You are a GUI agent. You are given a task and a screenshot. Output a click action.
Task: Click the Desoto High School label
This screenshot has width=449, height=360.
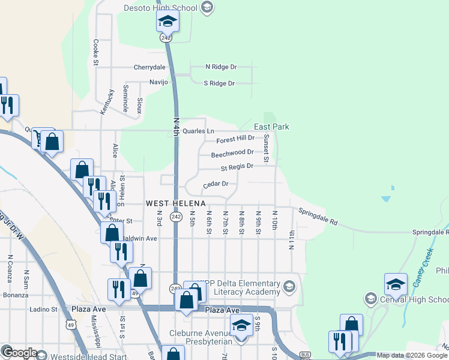160,8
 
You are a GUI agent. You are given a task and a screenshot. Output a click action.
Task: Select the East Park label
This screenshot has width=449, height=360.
271,127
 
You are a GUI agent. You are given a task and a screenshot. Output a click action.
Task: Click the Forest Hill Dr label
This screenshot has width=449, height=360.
235,138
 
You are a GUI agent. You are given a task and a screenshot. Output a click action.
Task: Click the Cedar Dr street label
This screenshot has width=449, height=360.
216,184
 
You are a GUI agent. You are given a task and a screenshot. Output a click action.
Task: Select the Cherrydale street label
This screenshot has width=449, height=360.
149,67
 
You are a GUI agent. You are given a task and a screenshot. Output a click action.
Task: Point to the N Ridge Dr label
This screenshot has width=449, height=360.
221,67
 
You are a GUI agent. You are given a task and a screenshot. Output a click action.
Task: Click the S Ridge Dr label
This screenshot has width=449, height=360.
219,83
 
